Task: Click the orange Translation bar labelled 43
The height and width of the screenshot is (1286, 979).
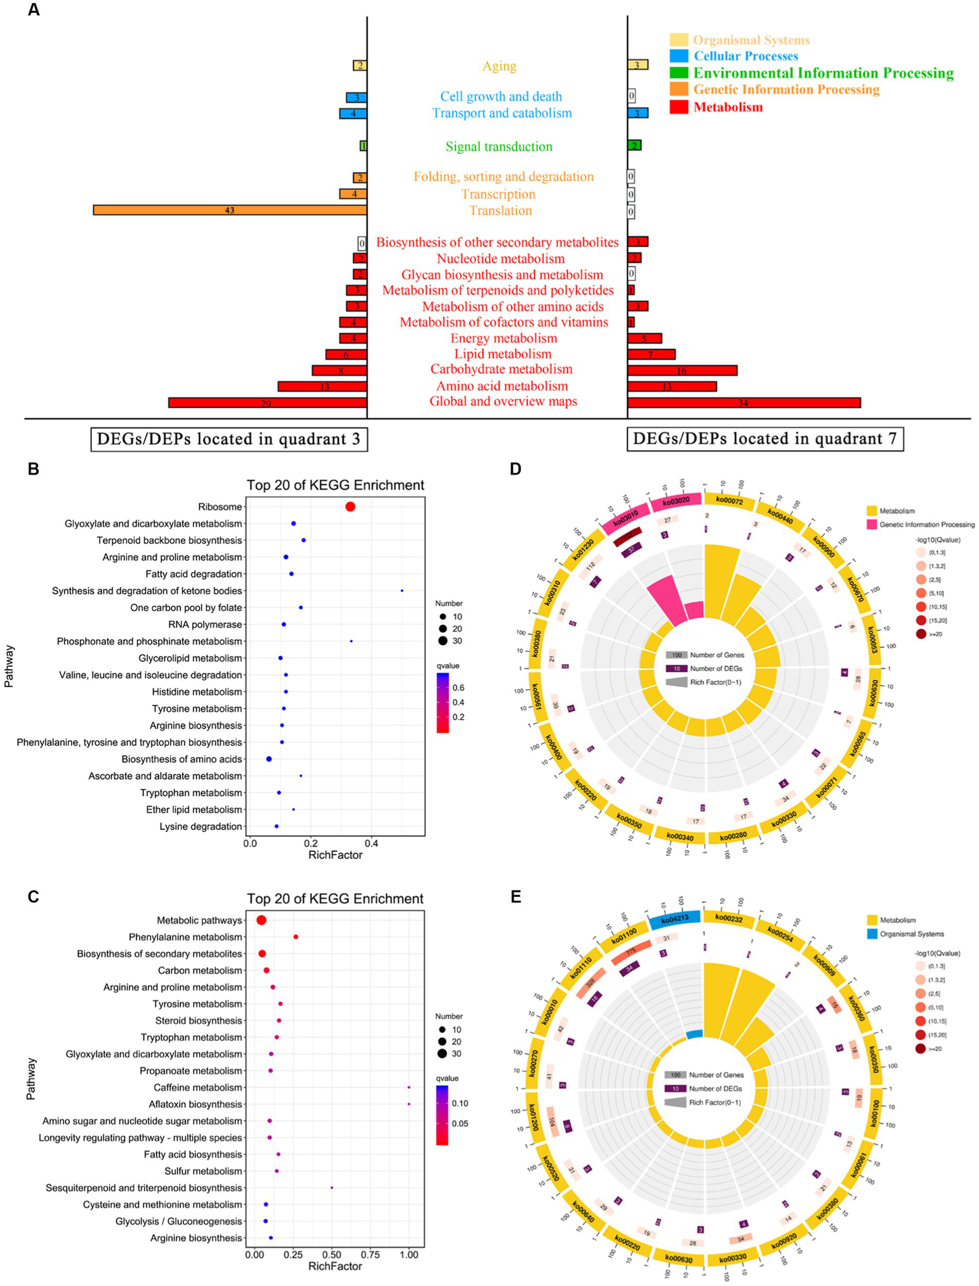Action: click(x=230, y=210)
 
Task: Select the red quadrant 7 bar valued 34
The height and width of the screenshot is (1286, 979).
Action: click(x=744, y=403)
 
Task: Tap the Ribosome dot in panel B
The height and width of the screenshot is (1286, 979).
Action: click(x=350, y=506)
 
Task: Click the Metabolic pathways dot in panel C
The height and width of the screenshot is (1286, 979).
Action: click(x=261, y=920)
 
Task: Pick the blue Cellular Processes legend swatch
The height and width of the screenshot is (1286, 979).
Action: click(x=679, y=56)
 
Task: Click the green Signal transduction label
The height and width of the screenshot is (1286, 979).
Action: click(x=499, y=147)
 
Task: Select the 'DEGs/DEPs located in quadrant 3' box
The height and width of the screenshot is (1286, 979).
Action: click(x=229, y=439)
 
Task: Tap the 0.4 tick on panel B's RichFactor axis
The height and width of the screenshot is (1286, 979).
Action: click(x=371, y=843)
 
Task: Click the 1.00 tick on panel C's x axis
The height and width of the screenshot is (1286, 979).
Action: click(x=409, y=1255)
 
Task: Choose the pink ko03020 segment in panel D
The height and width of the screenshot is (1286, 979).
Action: click(x=676, y=501)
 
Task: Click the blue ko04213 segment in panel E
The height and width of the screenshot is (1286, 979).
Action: click(x=674, y=920)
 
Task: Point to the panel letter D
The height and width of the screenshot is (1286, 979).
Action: click(x=515, y=469)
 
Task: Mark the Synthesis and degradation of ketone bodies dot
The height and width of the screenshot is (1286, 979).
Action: click(x=402, y=591)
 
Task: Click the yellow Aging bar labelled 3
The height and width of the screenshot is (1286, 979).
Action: click(x=638, y=65)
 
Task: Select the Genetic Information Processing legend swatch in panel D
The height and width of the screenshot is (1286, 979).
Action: click(x=871, y=524)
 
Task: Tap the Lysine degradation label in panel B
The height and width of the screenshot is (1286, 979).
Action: click(x=201, y=827)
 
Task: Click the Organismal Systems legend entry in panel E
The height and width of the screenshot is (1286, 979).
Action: click(x=911, y=934)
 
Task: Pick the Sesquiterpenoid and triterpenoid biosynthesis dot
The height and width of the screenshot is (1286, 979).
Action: click(x=332, y=1188)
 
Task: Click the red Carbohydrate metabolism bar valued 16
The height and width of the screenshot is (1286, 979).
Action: click(x=682, y=370)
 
